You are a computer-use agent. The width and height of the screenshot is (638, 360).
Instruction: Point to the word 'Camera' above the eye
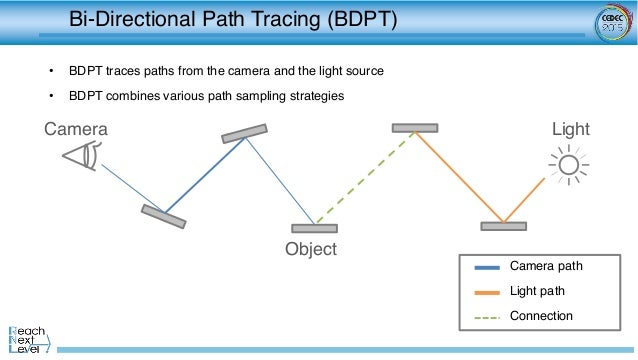(75, 129)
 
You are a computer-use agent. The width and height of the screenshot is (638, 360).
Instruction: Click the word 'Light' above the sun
(571, 129)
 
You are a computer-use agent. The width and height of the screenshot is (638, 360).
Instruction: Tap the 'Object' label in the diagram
(311, 248)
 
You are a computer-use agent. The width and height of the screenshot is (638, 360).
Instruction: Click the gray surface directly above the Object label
(314, 228)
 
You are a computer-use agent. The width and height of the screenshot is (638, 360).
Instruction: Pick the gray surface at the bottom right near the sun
(503, 226)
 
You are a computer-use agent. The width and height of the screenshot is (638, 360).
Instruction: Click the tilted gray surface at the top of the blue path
(245, 133)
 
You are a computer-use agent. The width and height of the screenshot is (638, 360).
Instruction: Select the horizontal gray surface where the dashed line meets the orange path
(414, 128)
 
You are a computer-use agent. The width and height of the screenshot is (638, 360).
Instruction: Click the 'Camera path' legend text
(545, 266)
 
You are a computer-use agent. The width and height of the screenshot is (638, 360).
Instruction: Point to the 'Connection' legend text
(541, 316)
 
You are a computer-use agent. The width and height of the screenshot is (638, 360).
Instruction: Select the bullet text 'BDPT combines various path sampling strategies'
(205, 95)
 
